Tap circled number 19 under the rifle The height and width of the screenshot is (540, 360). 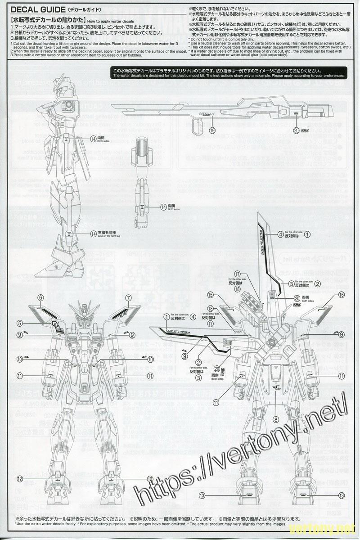point(212,130)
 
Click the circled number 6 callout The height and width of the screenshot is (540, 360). point(40,297)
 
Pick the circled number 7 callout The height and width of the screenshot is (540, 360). point(128,297)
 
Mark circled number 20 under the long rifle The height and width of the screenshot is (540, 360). point(296,130)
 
